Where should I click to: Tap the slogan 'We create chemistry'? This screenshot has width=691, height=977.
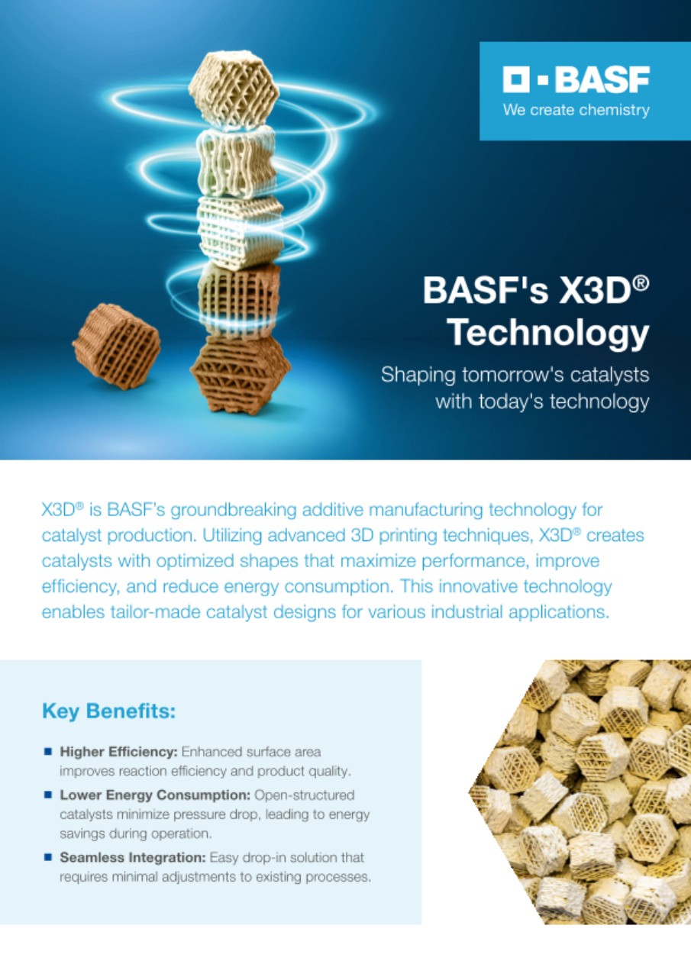[x=576, y=110]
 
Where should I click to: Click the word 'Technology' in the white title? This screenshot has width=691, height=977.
[x=549, y=333]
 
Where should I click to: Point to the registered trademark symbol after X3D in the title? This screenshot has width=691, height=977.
[x=641, y=282]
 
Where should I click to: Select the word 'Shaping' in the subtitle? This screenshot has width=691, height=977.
[x=418, y=376]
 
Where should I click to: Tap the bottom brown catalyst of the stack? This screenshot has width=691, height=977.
[x=241, y=374]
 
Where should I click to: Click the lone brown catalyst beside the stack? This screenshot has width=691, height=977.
[x=116, y=346]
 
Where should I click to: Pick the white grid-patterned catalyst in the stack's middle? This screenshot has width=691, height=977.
[x=240, y=231]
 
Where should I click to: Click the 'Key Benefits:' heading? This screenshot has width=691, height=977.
[x=108, y=711]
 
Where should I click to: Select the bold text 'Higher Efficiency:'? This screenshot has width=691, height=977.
[x=118, y=752]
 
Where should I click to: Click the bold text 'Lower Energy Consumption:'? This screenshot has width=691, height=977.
[x=155, y=795]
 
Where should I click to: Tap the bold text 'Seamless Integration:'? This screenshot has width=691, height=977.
[x=133, y=857]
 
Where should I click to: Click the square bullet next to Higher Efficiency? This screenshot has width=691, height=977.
[x=48, y=752]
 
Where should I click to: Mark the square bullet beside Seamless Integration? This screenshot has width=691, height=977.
[x=48, y=857]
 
